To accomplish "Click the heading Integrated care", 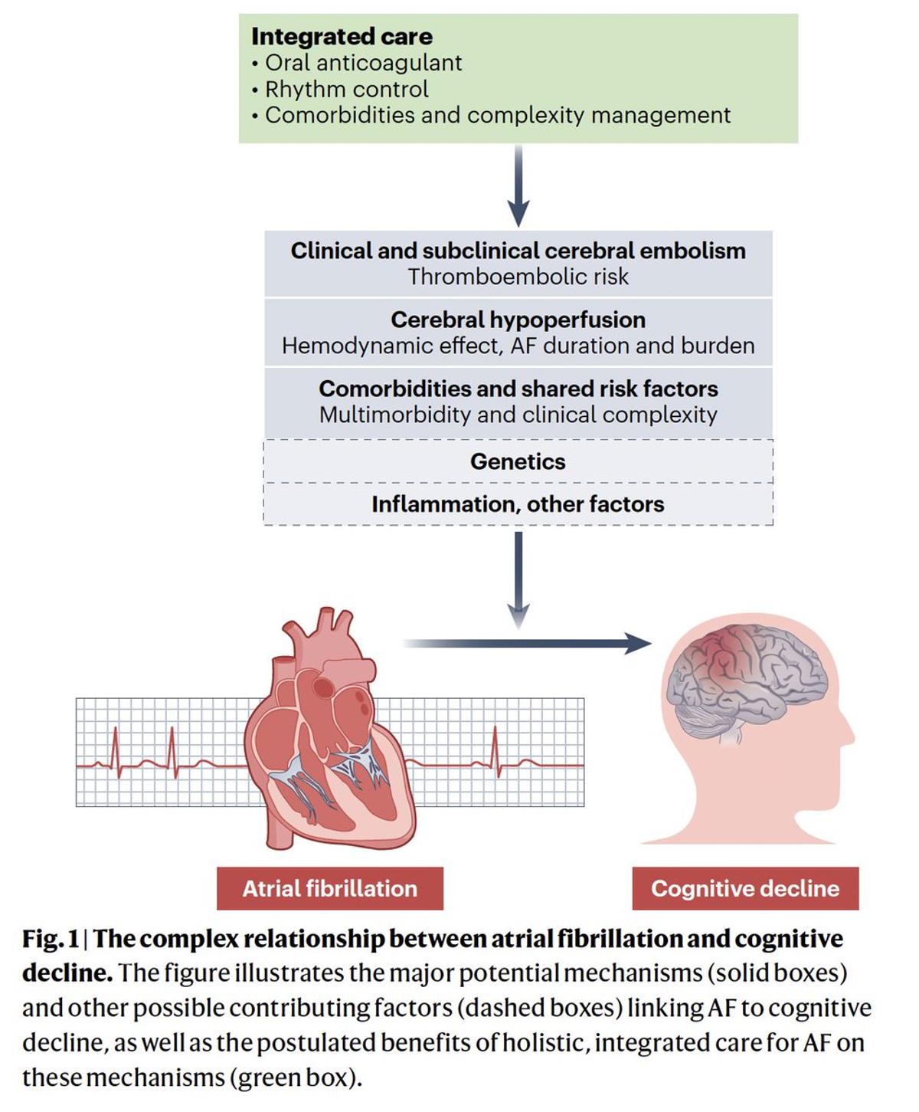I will point(342,36).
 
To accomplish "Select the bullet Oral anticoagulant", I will point(363,63).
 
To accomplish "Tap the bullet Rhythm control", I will point(346,89).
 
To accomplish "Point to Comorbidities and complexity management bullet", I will point(497,116).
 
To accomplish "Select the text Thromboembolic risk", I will point(518,277).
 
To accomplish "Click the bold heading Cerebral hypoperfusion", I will point(518,320).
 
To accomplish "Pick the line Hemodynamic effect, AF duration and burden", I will point(518,346).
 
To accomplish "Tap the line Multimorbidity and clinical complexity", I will point(518,415).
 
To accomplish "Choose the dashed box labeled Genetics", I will point(518,461).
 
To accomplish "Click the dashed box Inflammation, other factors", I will point(518,504).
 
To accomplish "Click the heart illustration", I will point(329,736).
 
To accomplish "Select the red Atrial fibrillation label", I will point(329,888).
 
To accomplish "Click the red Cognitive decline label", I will point(745,888).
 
